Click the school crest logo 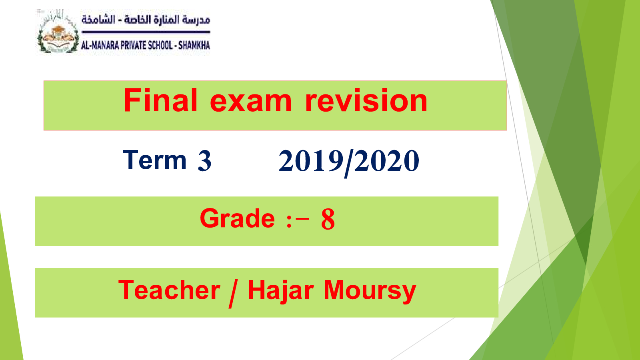point(58,32)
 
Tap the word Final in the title point(160,100)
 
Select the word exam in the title point(251,102)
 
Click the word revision point(366,100)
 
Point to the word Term point(154,160)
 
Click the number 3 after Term point(204,161)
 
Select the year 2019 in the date point(310,161)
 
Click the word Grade point(237,218)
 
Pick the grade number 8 point(328,219)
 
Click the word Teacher point(169,290)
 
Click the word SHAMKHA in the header point(194,45)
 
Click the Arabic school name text point(146,20)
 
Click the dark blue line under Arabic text point(146,32)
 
